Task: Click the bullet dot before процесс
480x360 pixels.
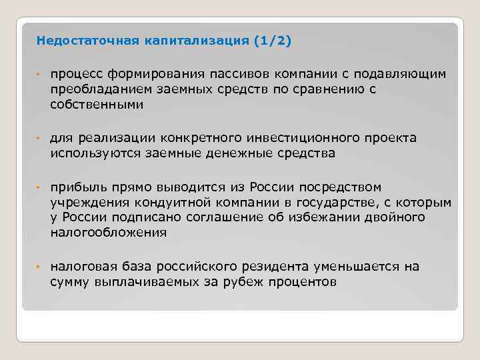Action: point(39,74)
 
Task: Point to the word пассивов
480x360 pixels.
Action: point(239,73)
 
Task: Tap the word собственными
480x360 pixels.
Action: point(96,104)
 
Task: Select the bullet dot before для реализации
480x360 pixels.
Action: point(39,139)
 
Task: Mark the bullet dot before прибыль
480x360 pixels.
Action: point(39,187)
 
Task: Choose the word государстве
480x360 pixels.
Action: point(333,202)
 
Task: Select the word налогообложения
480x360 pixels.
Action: point(108,233)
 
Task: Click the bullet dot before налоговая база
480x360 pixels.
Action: point(39,267)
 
